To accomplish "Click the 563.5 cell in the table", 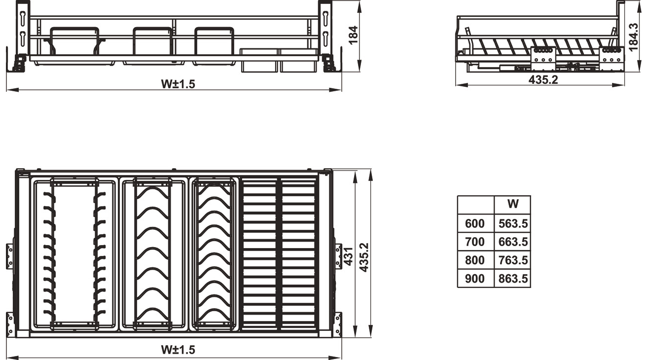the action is point(513,224).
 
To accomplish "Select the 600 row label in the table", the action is point(475,224).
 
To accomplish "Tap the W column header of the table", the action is point(513,204).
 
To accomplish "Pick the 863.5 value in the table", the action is point(513,279).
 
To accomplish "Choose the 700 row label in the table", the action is point(475,242).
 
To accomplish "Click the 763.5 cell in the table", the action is point(513,260).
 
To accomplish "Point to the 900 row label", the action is point(475,279).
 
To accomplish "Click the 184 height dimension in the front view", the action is point(353,35).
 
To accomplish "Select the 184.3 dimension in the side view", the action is point(633,37).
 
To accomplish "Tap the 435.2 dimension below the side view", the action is point(543,79).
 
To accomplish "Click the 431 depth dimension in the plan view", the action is point(348,256).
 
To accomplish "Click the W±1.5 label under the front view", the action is point(178,84).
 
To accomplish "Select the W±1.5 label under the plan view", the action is point(178,350).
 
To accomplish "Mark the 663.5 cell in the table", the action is point(513,242).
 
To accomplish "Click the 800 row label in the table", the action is point(475,260).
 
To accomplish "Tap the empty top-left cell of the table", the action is point(476,205).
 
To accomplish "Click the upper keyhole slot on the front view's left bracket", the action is point(23,17).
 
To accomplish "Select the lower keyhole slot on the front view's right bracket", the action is point(325,37).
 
